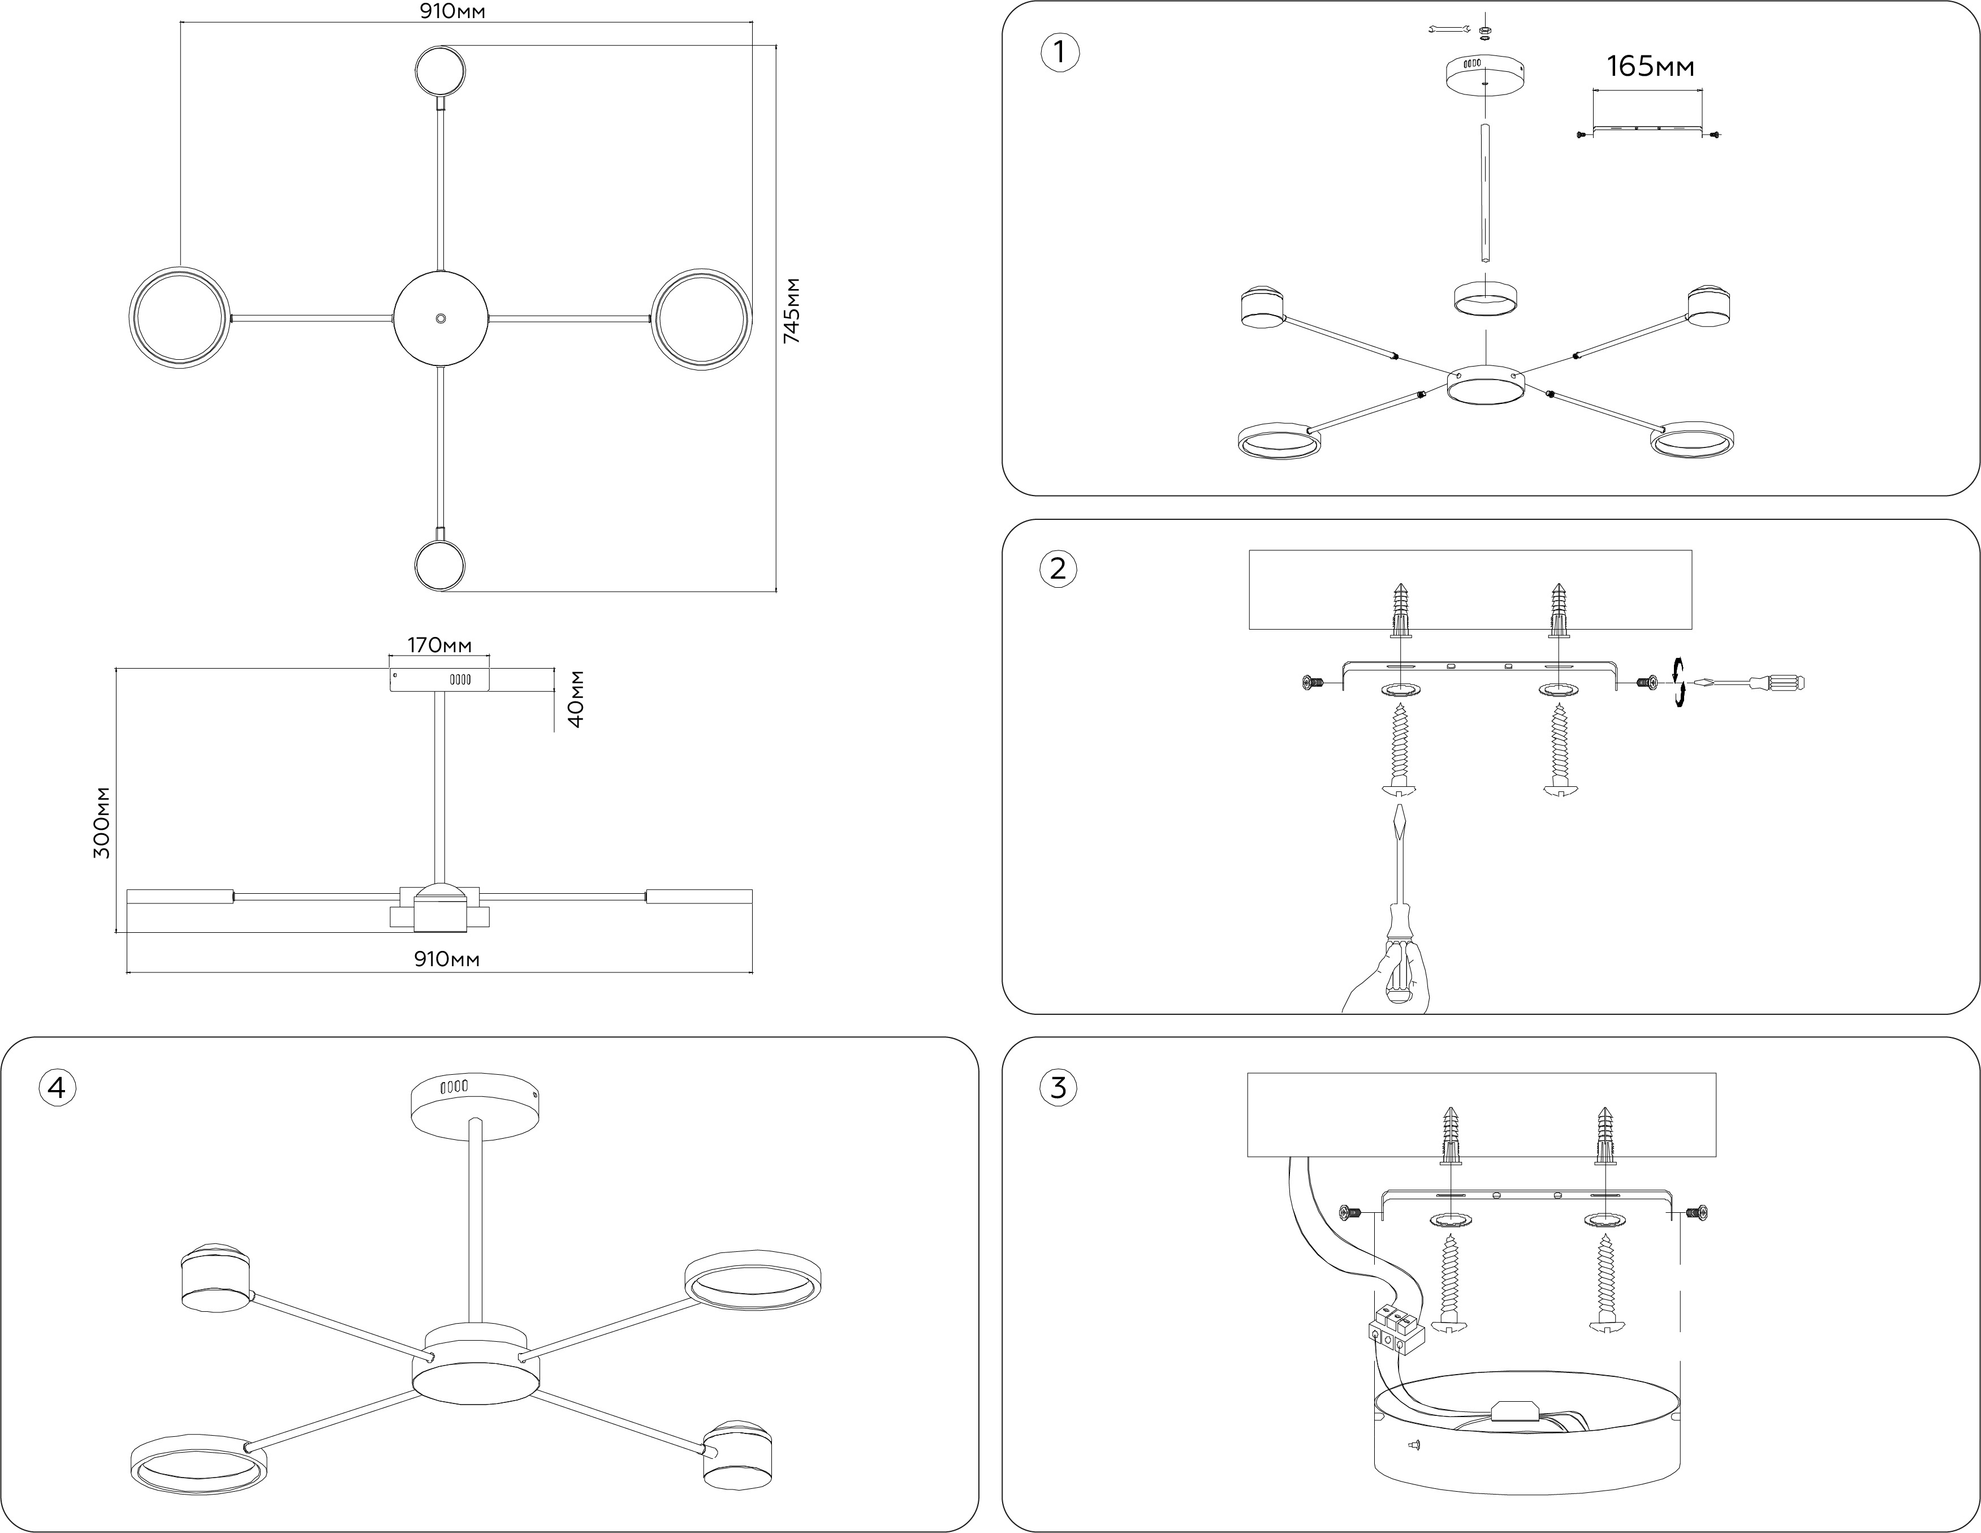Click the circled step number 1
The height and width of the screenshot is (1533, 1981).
(1059, 53)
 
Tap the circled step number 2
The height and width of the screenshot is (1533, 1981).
(1058, 570)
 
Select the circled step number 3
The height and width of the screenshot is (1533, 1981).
(1058, 1087)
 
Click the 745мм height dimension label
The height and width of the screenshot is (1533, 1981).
(791, 310)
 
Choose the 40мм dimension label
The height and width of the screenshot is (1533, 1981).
(575, 699)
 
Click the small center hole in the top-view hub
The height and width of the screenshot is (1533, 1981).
(441, 318)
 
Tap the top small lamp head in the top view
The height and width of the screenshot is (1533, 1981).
(441, 72)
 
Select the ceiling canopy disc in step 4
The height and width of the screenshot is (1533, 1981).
(474, 1105)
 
